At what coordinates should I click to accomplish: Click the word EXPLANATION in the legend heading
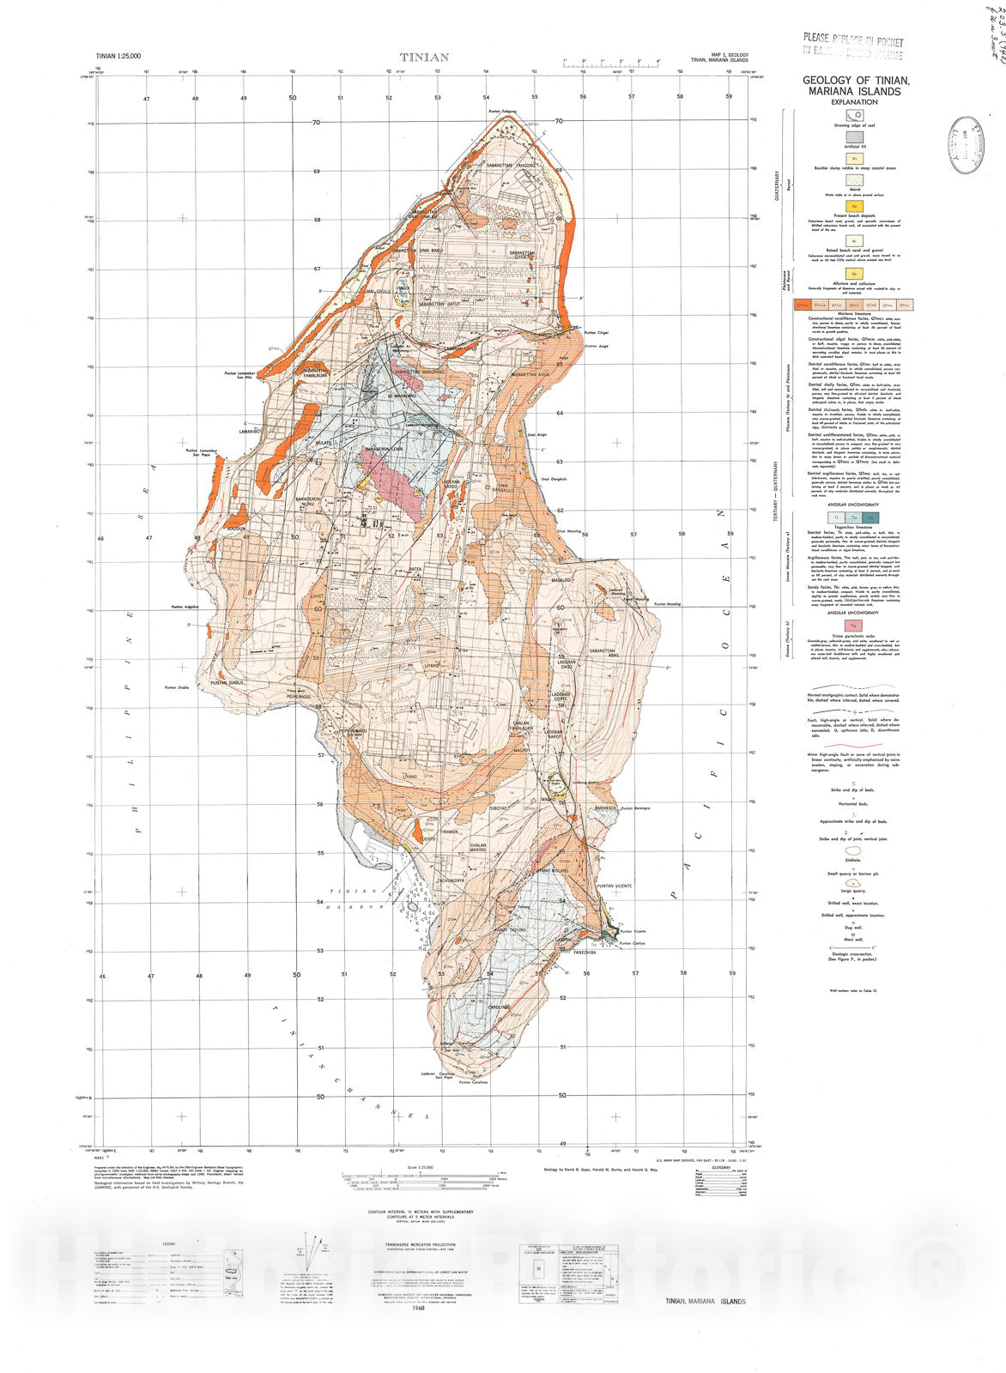(852, 102)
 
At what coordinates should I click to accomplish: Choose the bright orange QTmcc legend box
(803, 305)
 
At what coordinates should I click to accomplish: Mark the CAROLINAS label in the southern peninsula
(500, 1007)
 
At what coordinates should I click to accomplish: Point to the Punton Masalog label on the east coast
(666, 604)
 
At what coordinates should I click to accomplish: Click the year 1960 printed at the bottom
(418, 1308)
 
